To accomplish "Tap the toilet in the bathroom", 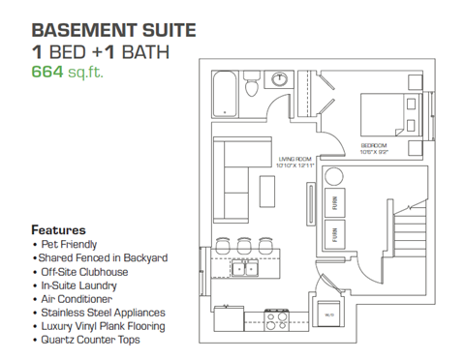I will point(252,87).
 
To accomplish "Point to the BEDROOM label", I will point(378,146).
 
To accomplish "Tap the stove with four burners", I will point(274,315).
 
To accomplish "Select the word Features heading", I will point(58,230).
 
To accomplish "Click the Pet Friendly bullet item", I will point(69,245).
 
